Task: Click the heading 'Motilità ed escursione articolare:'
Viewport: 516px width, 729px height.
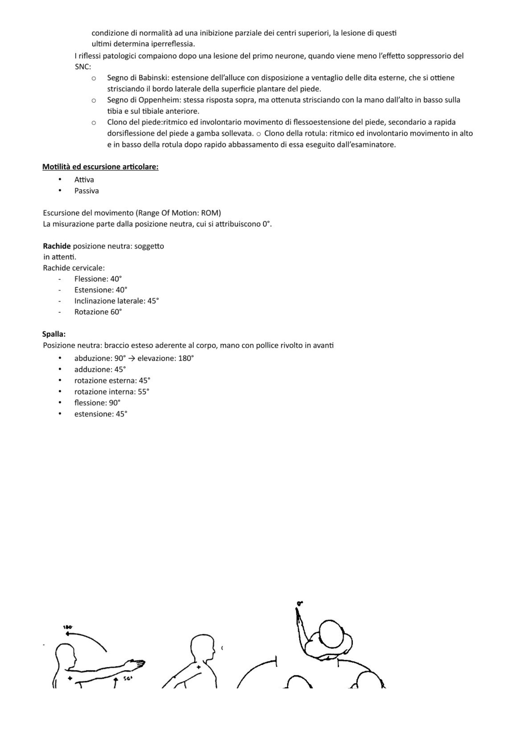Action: click(x=100, y=167)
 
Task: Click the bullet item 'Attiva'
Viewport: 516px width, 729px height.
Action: click(x=84, y=180)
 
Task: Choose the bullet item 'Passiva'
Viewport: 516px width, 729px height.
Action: click(x=86, y=191)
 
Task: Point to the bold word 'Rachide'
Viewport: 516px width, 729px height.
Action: click(x=57, y=246)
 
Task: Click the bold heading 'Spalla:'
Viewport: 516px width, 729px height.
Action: click(x=54, y=334)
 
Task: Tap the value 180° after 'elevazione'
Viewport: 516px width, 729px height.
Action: click(x=186, y=358)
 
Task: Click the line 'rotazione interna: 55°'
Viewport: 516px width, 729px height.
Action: click(x=112, y=392)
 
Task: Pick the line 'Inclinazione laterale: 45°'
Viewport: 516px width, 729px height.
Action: click(x=116, y=301)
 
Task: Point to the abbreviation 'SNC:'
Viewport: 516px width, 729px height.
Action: click(x=83, y=67)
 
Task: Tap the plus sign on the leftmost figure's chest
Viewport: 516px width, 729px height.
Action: click(x=70, y=678)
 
